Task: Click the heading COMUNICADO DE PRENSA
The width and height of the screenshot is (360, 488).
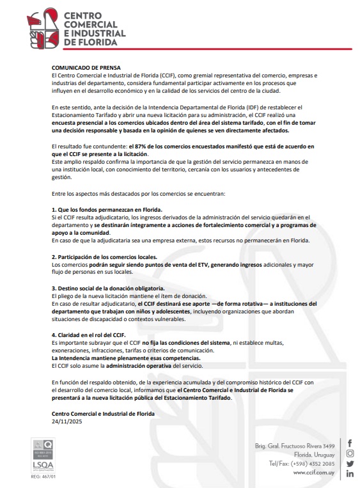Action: (86, 67)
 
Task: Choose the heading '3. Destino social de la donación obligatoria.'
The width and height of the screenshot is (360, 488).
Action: (109, 288)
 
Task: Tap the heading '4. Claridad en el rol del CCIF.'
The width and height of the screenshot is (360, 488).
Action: (88, 335)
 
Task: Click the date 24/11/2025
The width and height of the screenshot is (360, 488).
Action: (68, 422)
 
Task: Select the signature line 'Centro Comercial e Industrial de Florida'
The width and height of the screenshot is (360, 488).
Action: (103, 414)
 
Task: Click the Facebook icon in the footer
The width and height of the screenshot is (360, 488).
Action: (350, 443)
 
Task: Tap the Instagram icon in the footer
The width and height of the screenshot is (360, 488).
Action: (350, 453)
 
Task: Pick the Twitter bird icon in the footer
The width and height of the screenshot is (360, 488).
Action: (350, 463)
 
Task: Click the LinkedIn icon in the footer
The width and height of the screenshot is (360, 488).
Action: (350, 474)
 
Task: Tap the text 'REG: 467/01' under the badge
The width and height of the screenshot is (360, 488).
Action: (43, 476)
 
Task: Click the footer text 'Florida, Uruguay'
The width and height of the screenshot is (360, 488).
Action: (311, 454)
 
